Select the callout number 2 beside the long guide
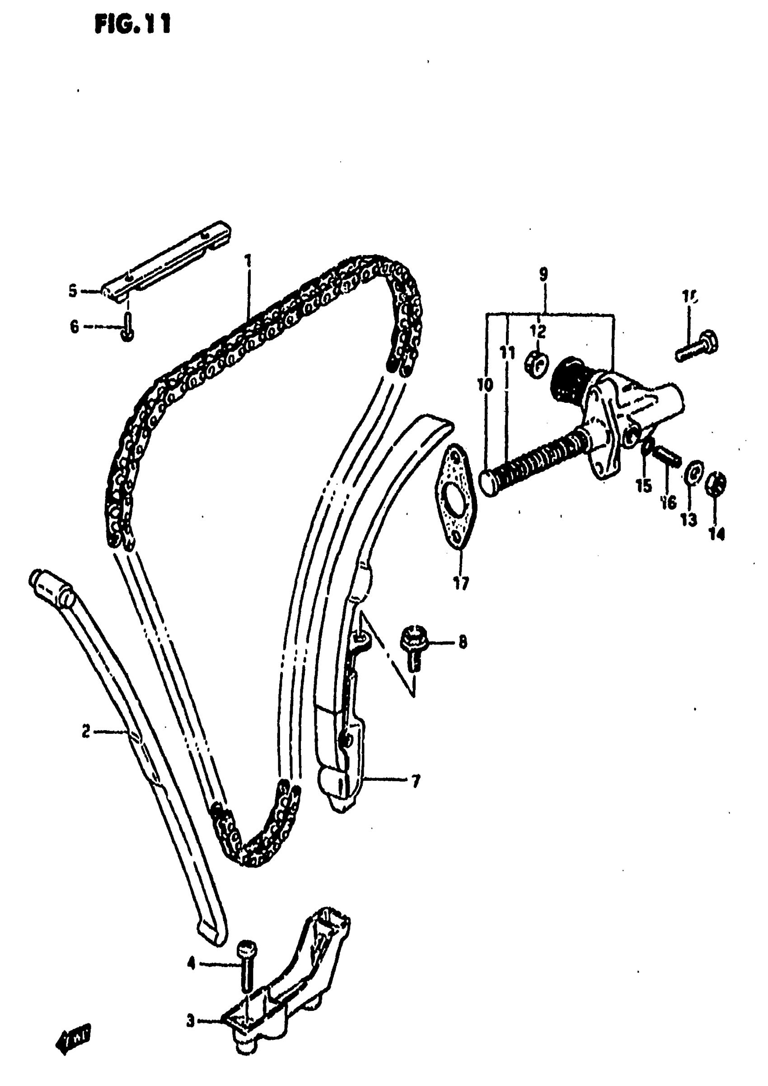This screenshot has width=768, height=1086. (86, 732)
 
